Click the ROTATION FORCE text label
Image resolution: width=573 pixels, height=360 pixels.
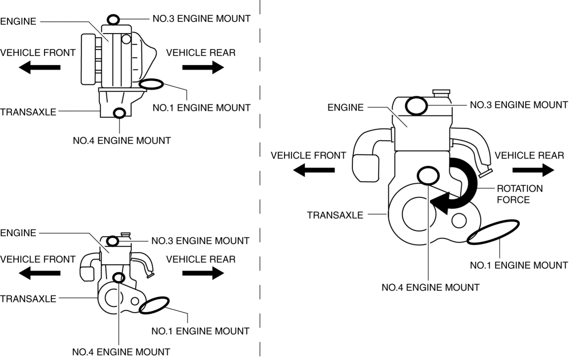[x=519, y=194]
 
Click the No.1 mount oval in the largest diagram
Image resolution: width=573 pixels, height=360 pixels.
[x=493, y=232]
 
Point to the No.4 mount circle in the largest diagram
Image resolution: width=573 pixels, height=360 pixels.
[x=429, y=176]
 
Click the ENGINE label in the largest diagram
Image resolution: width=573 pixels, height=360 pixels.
[x=346, y=107]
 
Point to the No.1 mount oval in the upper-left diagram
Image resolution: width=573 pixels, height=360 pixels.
[x=151, y=84]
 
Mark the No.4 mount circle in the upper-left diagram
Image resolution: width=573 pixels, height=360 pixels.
[x=119, y=113]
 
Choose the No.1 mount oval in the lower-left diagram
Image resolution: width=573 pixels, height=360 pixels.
[x=155, y=305]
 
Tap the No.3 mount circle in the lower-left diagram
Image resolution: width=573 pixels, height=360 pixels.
[x=113, y=241]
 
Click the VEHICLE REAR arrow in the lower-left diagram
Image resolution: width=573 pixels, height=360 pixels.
[x=203, y=274]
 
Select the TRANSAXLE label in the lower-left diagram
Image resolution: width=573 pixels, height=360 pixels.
[x=28, y=298]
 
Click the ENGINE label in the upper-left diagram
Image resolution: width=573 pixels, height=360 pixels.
[x=18, y=21]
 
